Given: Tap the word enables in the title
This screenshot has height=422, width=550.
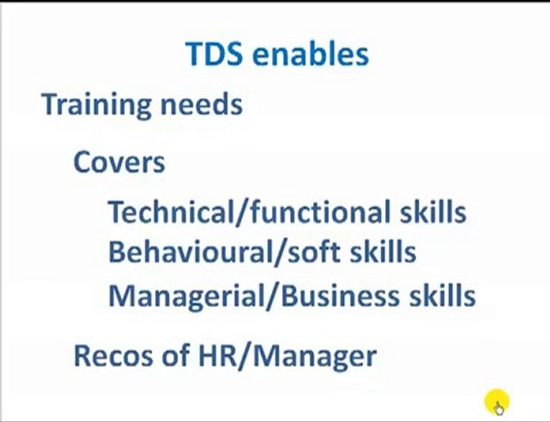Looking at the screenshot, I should [310, 54].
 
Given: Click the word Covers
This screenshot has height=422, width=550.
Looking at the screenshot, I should [119, 162].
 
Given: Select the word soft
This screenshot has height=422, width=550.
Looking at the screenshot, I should [311, 252].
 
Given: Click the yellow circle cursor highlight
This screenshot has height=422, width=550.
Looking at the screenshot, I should [497, 402].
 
